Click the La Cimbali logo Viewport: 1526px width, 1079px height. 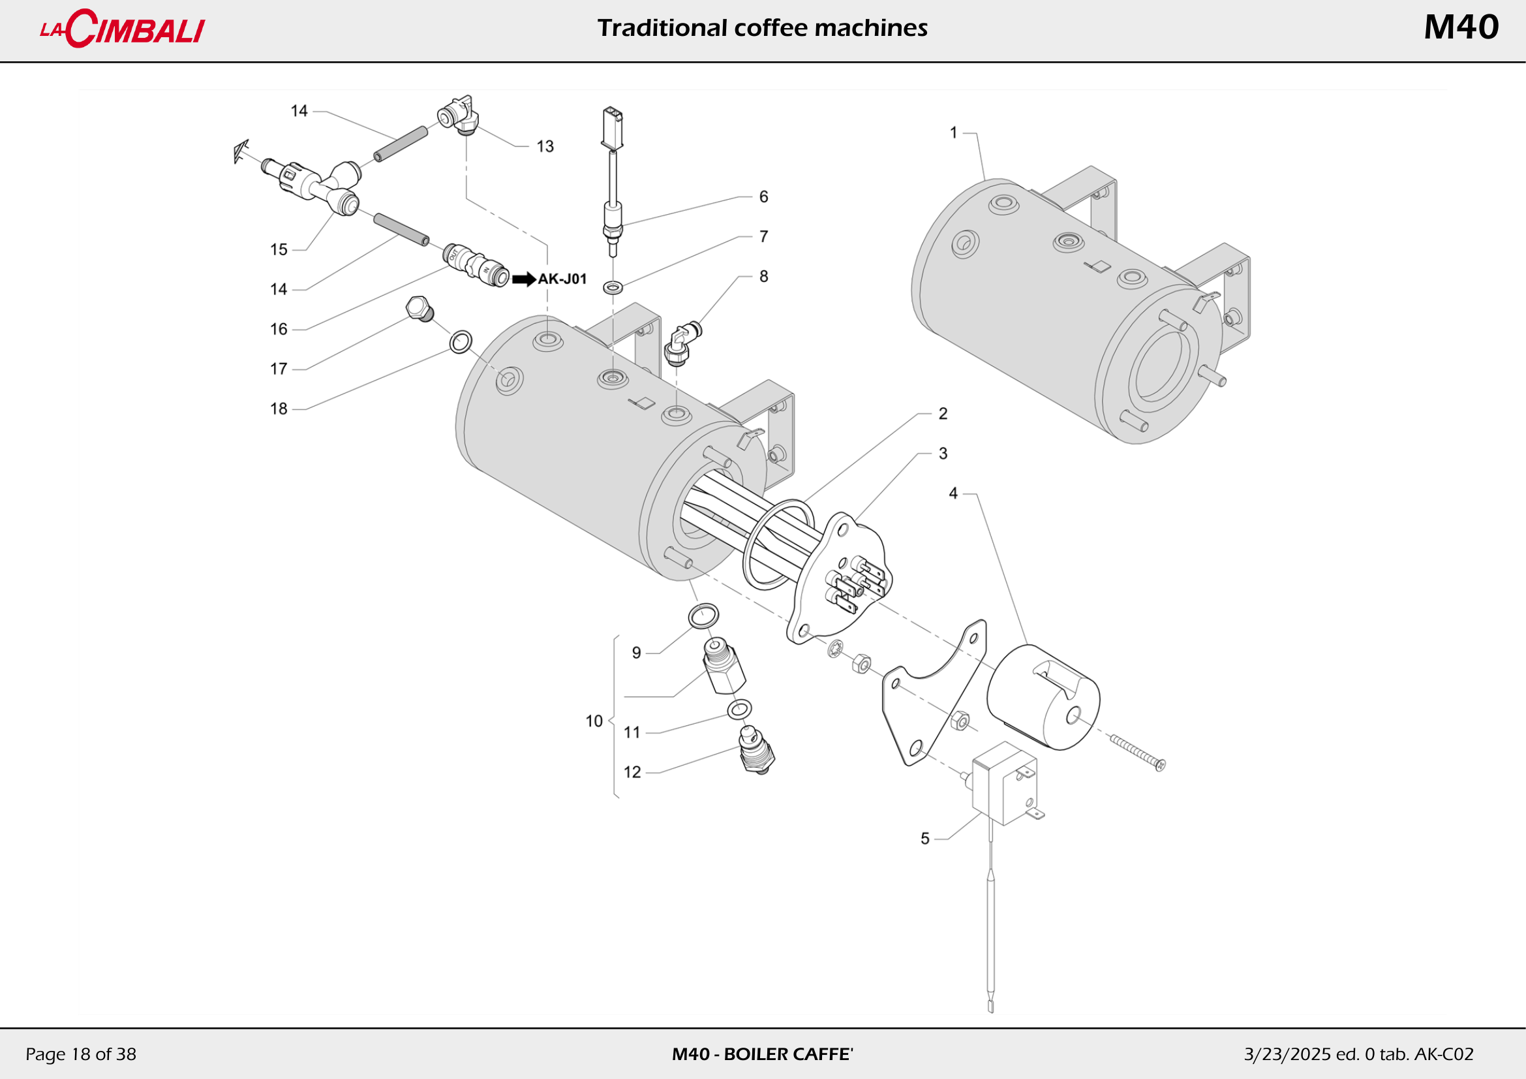click(123, 29)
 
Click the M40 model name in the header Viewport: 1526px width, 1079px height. click(1460, 28)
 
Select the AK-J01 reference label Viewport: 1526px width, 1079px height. click(562, 279)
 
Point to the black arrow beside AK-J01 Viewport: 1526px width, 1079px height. click(524, 279)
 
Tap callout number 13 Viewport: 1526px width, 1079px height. click(545, 146)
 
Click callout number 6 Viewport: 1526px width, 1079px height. click(764, 196)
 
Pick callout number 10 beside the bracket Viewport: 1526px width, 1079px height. click(594, 721)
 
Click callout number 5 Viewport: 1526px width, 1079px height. click(924, 839)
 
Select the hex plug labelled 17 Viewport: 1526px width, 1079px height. click(420, 309)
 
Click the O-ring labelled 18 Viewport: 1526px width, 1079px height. click(461, 343)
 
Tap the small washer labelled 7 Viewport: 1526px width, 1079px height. click(613, 287)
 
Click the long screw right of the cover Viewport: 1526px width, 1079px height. click(1137, 753)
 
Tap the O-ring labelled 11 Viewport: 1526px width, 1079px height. click(739, 710)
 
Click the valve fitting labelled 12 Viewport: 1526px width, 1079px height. click(756, 751)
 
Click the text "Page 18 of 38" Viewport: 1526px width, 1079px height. click(80, 1054)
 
